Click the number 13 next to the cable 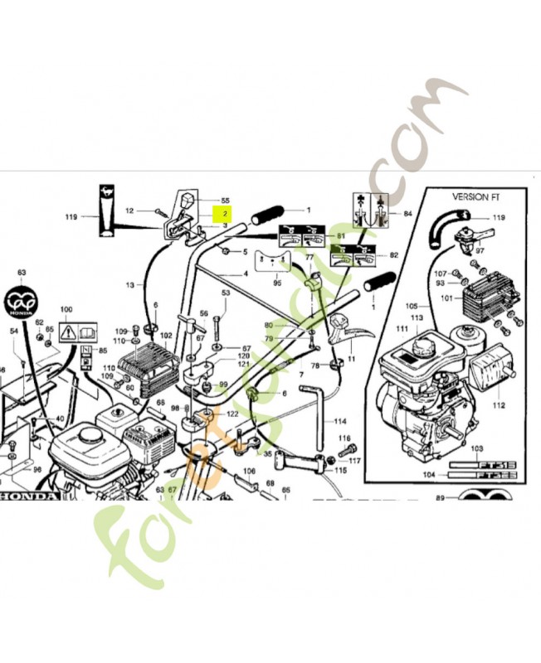point(129,285)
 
